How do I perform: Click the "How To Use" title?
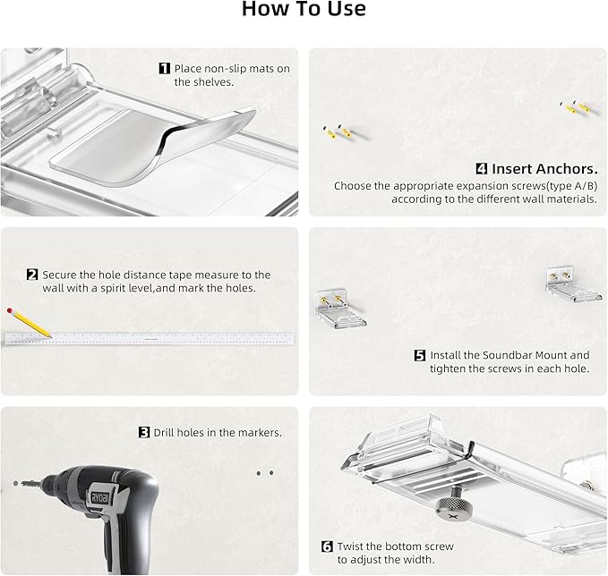click(x=304, y=9)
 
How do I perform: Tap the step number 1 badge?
click(x=165, y=69)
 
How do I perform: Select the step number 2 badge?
click(x=32, y=275)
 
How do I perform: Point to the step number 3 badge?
click(x=144, y=432)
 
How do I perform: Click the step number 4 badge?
click(x=481, y=168)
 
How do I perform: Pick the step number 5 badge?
click(x=420, y=355)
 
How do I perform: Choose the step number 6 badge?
click(x=327, y=546)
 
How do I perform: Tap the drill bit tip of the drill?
click(x=15, y=483)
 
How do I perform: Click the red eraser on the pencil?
click(x=10, y=310)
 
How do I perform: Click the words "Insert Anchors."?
click(x=544, y=169)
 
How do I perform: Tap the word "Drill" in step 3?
click(x=165, y=432)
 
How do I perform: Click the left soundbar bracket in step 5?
click(x=340, y=309)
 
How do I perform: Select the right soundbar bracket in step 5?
click(x=573, y=284)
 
